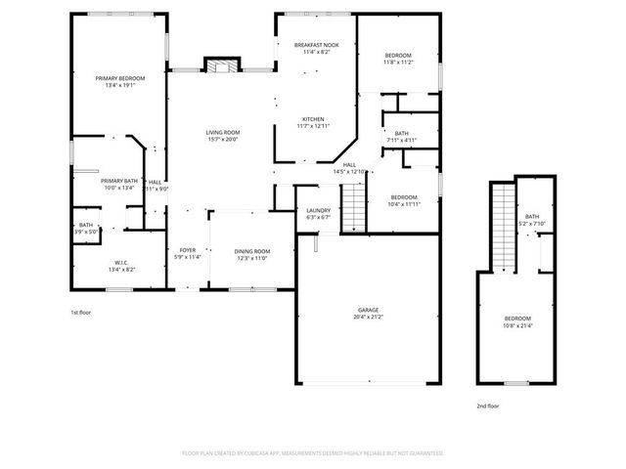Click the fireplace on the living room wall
(x=221, y=65)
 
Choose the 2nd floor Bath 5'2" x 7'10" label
(x=532, y=220)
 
